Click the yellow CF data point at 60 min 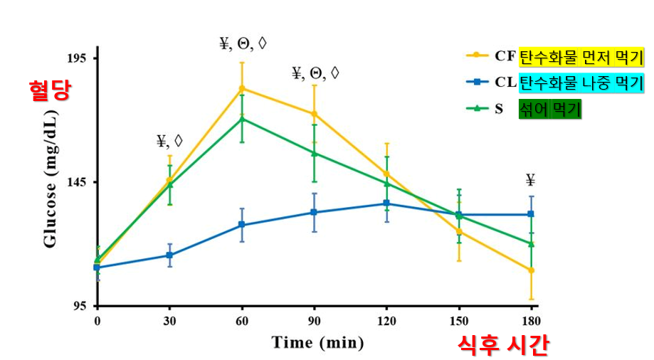point(242,88)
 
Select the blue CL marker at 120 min point(386,203)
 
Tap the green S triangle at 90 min point(314,152)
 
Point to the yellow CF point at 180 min point(531,270)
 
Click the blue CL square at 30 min point(169,255)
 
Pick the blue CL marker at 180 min point(531,214)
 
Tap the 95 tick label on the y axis point(78,305)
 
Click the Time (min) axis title point(317,343)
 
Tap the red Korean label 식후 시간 point(502,345)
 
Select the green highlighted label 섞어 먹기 point(550,110)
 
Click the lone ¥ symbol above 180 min point(530,179)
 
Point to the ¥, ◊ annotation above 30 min point(169,141)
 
